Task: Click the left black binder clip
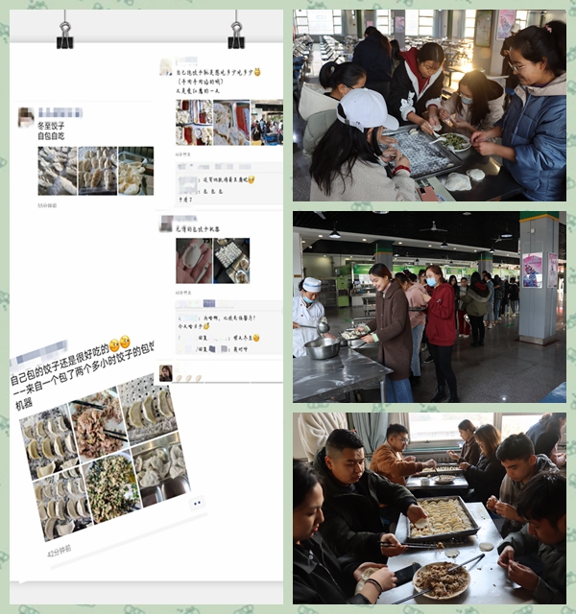pyautogui.click(x=65, y=35)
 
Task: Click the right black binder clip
pyautogui.click(x=236, y=35)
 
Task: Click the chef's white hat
pyautogui.click(x=312, y=285)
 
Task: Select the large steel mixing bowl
pyautogui.click(x=323, y=347)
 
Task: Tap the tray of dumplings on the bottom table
pyautogui.click(x=443, y=517)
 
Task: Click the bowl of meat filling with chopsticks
pyautogui.click(x=441, y=579)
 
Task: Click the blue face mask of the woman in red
pyautogui.click(x=431, y=282)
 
